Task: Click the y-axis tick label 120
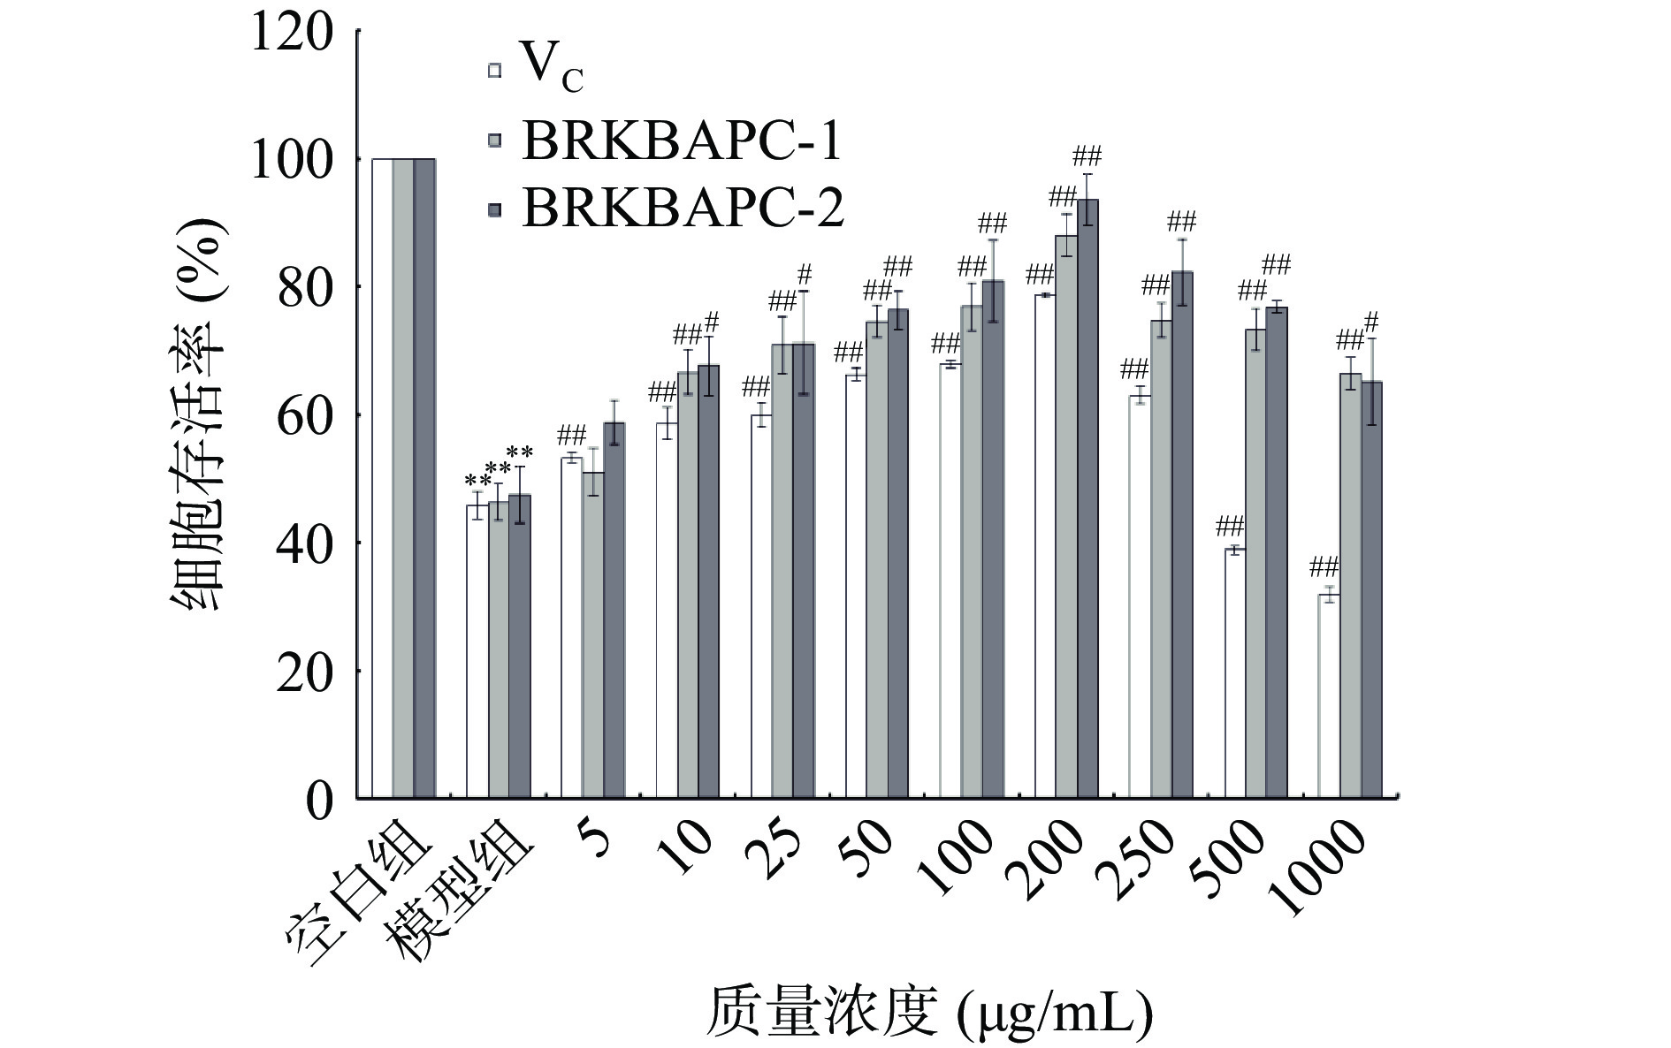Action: pos(292,34)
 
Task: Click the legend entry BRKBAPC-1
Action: pos(681,140)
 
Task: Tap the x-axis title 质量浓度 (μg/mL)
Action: pos(928,1012)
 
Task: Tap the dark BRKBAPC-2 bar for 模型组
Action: pos(520,646)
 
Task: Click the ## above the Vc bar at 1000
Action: pos(1323,566)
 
